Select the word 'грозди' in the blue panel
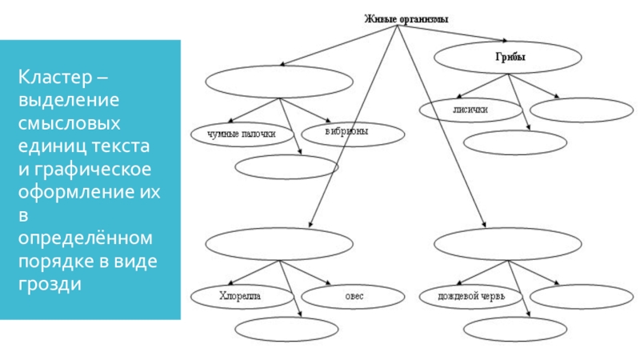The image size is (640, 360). pyautogui.click(x=50, y=284)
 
